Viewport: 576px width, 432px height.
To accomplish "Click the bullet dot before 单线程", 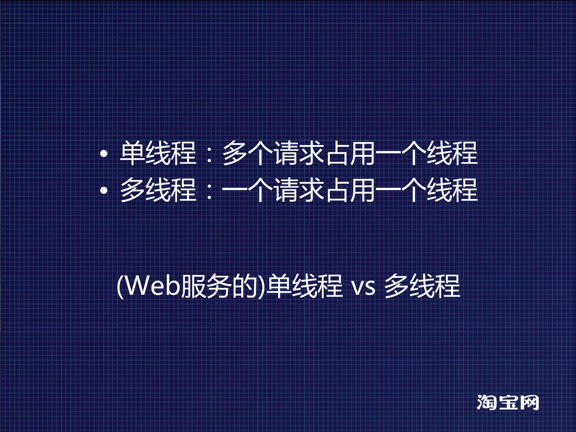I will coord(104,154).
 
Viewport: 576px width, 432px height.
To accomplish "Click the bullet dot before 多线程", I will coord(104,190).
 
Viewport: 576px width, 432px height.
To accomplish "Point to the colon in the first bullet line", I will coord(209,154).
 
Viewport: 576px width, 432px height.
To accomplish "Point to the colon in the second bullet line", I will coord(209,191).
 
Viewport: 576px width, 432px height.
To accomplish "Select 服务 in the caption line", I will coord(207,286).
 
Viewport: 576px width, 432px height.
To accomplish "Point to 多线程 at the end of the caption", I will coord(422,286).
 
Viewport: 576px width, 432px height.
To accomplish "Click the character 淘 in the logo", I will coord(487,402).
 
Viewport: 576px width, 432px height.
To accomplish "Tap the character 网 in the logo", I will coord(529,402).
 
